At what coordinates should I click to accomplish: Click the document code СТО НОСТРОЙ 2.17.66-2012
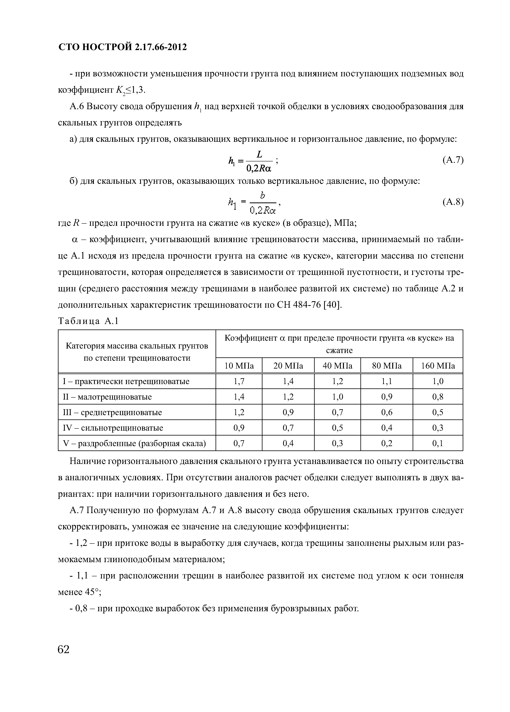click(x=122, y=47)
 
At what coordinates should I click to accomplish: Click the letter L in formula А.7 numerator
click(x=259, y=154)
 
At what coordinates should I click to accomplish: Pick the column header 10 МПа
click(x=239, y=366)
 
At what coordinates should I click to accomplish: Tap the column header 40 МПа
click(x=337, y=366)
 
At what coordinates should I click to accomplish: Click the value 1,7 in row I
click(x=239, y=381)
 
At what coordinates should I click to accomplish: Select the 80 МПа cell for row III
click(x=387, y=412)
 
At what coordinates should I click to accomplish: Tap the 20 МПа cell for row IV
click(x=288, y=428)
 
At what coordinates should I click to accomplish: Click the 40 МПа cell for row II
click(x=337, y=397)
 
